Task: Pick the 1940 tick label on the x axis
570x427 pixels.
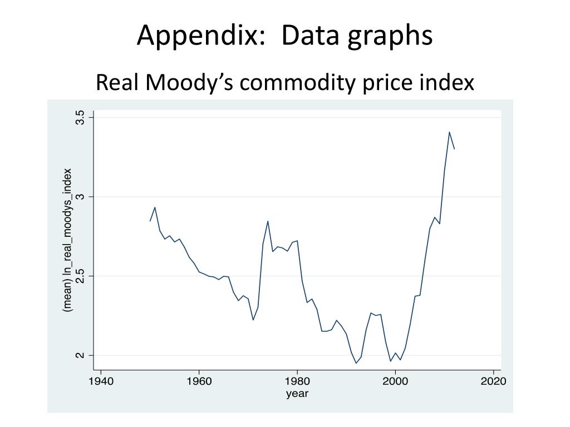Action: (x=101, y=381)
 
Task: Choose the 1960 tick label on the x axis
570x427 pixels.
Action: (x=199, y=381)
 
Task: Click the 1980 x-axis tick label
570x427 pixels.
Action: (x=297, y=381)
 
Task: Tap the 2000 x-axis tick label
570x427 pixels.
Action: (x=395, y=381)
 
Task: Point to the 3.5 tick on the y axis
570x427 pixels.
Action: (x=81, y=117)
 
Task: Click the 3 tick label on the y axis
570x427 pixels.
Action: (x=81, y=197)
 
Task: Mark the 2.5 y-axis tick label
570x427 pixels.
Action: (x=81, y=276)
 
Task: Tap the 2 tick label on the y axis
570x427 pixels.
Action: (x=81, y=355)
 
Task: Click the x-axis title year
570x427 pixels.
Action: (x=297, y=394)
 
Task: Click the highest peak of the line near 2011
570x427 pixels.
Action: (x=449, y=132)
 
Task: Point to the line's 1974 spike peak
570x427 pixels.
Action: (x=268, y=221)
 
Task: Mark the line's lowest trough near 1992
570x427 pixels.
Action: (x=356, y=363)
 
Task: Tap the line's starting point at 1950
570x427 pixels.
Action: (x=150, y=221)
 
